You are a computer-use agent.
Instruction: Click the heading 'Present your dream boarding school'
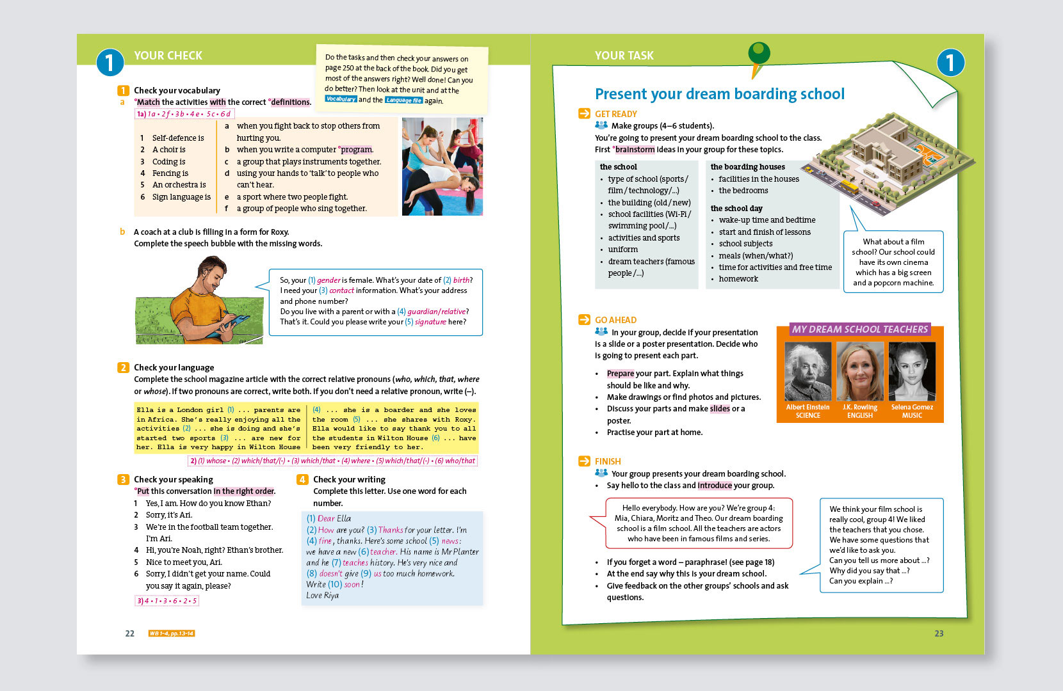point(719,94)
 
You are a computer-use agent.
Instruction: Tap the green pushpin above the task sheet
point(759,54)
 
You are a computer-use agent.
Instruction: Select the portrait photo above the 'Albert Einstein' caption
point(807,371)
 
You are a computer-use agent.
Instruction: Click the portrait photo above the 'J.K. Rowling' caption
point(860,371)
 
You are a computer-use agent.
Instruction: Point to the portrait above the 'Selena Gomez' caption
point(912,371)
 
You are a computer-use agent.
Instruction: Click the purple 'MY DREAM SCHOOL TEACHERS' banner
point(859,329)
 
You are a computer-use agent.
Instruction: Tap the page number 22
point(129,633)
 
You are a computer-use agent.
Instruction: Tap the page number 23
point(939,633)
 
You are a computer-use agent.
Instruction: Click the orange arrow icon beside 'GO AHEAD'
point(584,319)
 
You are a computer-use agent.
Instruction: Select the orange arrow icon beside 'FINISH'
point(584,461)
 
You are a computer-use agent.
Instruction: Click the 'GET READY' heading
point(615,114)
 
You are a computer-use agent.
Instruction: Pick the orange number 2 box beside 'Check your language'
point(123,367)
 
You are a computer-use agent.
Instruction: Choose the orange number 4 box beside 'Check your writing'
point(302,479)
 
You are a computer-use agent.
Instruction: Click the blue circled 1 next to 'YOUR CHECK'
point(110,63)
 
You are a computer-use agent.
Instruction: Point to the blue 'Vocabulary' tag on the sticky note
point(340,99)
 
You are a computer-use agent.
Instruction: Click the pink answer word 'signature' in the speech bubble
point(430,322)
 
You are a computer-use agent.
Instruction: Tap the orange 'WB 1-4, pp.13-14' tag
point(171,633)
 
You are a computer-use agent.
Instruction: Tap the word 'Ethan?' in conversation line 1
point(259,503)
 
